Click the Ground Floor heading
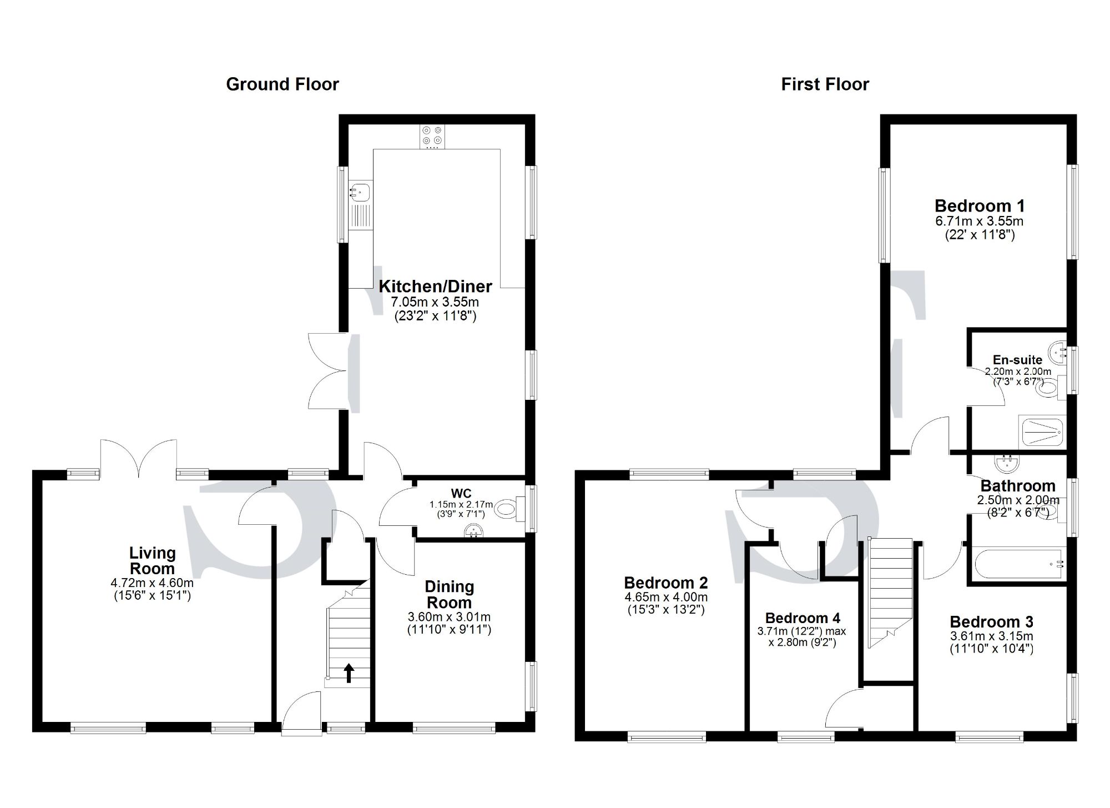[282, 84]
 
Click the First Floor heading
[825, 84]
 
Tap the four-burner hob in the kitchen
[432, 136]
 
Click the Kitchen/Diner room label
[435, 287]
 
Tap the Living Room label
[152, 560]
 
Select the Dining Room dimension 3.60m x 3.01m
[449, 617]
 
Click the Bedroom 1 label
[980, 206]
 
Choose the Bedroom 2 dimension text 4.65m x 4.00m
[666, 598]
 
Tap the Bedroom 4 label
[803, 618]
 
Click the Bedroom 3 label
[991, 622]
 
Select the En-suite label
[1017, 360]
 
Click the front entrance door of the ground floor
[302, 712]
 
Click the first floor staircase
[890, 589]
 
